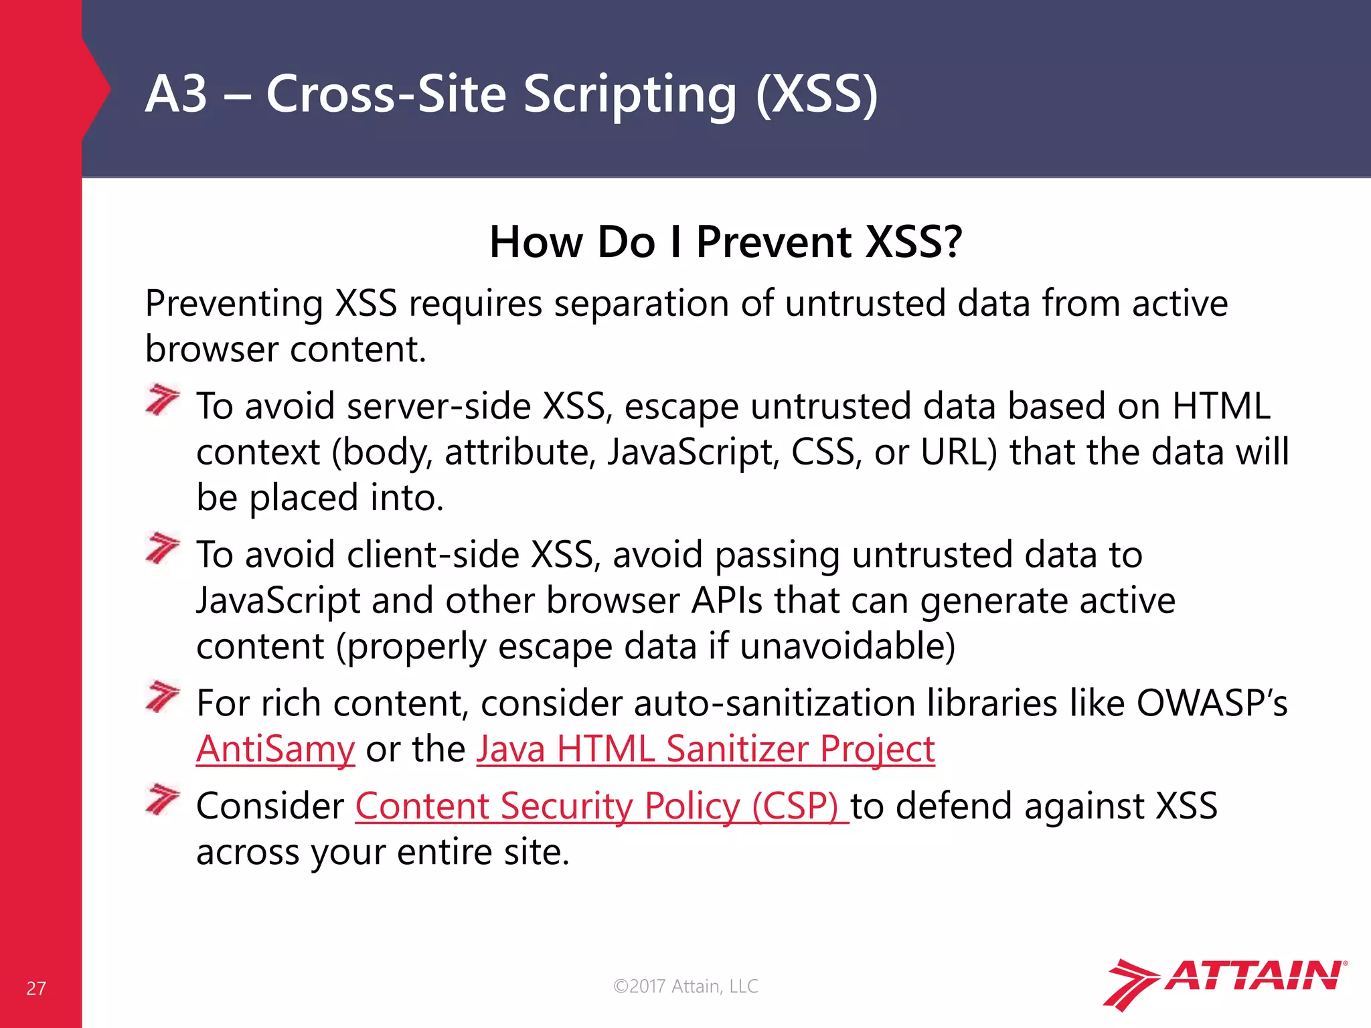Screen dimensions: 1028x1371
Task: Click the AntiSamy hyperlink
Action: tap(275, 749)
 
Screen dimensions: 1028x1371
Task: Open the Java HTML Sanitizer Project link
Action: tap(705, 749)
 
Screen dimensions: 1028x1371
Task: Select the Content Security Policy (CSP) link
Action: tap(600, 806)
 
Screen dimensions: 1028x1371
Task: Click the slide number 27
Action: tap(36, 989)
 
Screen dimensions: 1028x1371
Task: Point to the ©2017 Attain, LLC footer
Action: tap(685, 987)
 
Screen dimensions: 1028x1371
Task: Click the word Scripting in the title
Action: tap(629, 94)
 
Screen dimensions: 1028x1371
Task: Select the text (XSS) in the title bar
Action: tap(816, 94)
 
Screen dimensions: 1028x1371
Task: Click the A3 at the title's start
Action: tap(176, 94)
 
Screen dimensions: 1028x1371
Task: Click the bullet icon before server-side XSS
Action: tap(163, 400)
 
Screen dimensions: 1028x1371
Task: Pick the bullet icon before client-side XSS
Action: tap(163, 549)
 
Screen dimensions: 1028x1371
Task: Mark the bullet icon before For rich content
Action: tap(163, 697)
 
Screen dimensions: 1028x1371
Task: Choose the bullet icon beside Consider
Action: tap(163, 800)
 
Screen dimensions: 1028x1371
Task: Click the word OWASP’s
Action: tap(1212, 703)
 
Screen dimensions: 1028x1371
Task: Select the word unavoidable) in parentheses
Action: tap(848, 647)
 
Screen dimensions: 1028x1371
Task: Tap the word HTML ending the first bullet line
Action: tap(1221, 406)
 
